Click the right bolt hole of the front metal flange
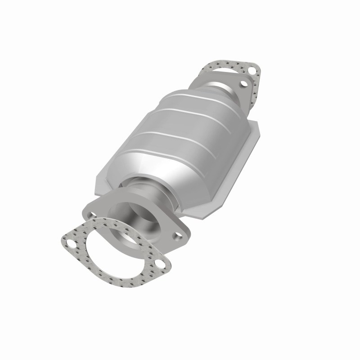tap(177, 235)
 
